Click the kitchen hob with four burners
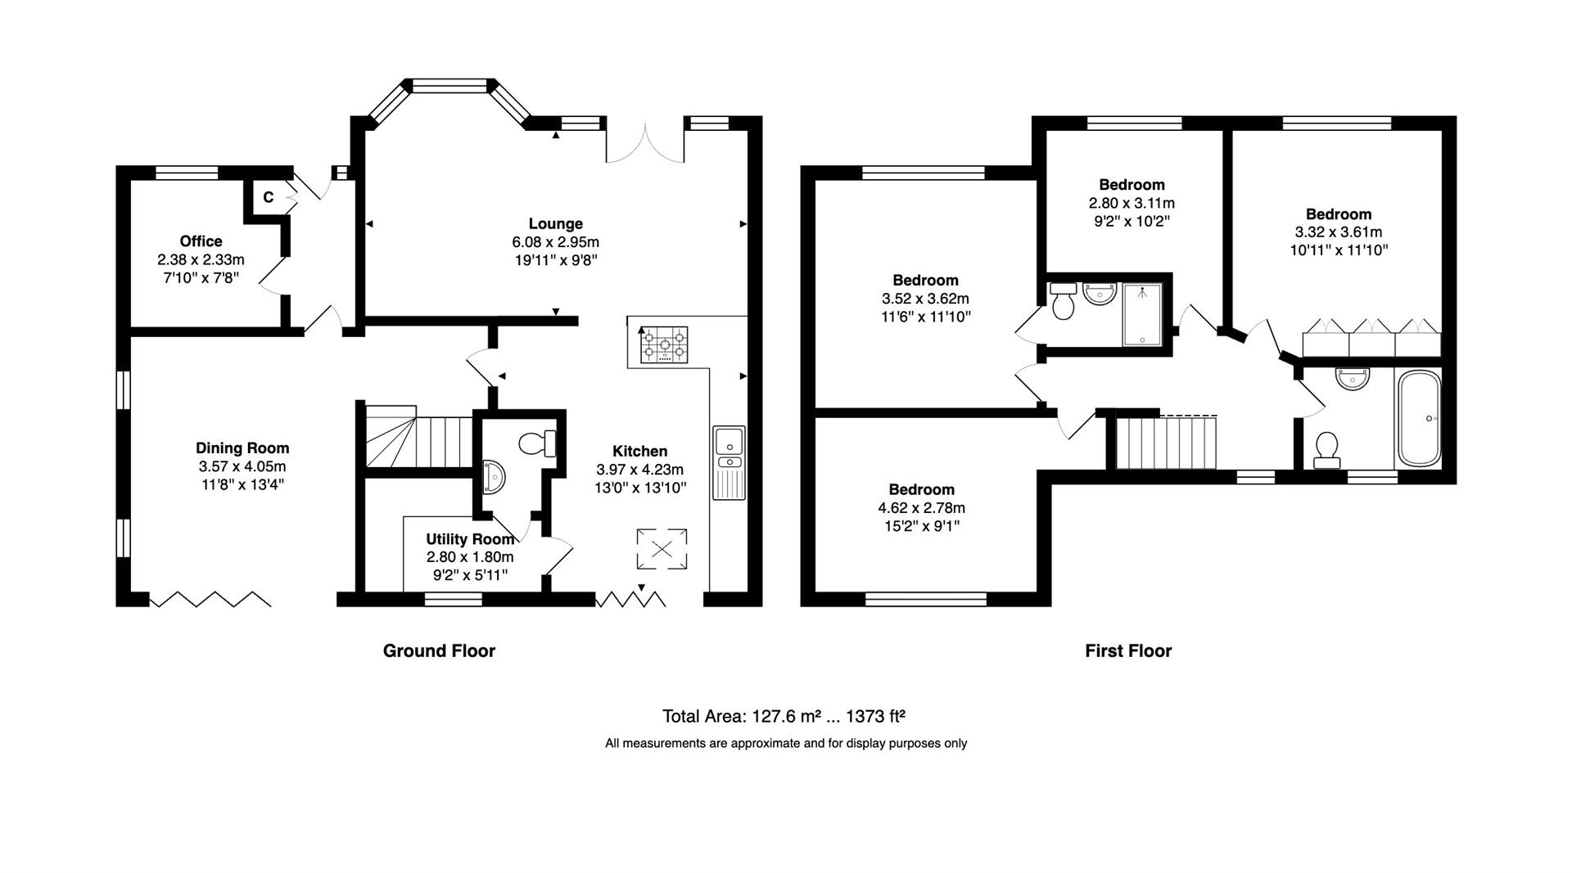(x=664, y=345)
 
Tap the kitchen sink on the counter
(x=729, y=461)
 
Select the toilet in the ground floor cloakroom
(x=538, y=443)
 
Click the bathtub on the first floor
(x=1420, y=419)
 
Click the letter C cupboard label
(x=268, y=197)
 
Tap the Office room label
(x=201, y=241)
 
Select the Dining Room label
(x=242, y=448)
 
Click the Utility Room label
(x=470, y=539)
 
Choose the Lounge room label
(x=556, y=223)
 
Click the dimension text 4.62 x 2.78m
(x=922, y=507)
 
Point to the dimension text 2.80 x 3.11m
(x=1132, y=202)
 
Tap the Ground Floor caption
(x=440, y=650)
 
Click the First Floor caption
(x=1128, y=650)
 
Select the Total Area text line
(x=784, y=717)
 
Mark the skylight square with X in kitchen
(x=662, y=548)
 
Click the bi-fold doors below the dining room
(x=211, y=599)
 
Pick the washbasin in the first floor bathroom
(x=1352, y=378)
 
